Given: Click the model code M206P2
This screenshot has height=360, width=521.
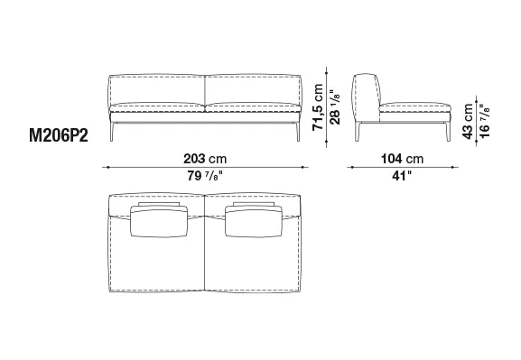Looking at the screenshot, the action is tap(59, 135).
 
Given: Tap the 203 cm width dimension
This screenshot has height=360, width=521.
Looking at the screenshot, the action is tap(205, 159).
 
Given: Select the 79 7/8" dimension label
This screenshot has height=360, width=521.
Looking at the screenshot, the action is tap(205, 176).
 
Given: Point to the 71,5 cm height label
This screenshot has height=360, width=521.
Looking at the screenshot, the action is tap(318, 107).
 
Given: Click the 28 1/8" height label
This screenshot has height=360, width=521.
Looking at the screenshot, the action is tap(335, 107).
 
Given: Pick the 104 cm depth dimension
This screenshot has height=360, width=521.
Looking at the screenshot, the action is tap(402, 159).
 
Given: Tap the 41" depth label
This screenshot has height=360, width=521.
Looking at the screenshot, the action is tap(402, 176).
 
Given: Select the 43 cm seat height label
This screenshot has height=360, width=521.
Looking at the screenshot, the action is tap(468, 122).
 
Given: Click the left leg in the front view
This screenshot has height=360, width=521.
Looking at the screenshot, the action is tap(112, 132).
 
